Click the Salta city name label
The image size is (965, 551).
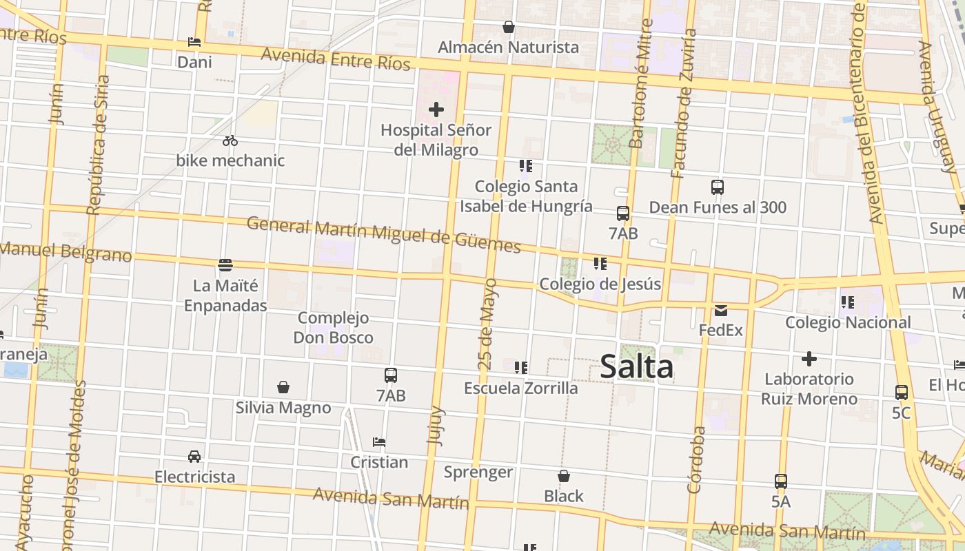[636, 366]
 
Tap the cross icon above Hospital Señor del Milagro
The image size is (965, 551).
[436, 110]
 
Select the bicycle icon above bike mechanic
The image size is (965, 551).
[230, 141]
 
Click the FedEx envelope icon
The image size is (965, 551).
[721, 310]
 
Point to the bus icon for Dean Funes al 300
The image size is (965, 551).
[718, 187]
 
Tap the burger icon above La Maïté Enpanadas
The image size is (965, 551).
[225, 264]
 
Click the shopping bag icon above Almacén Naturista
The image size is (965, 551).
[509, 27]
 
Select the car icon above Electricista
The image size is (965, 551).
[194, 456]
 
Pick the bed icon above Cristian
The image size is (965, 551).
[379, 441]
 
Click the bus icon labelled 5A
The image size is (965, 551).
[781, 481]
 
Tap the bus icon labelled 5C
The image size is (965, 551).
[902, 393]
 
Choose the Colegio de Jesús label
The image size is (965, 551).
[600, 284]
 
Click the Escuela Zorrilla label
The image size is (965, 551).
[521, 388]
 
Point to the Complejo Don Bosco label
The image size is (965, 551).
[334, 328]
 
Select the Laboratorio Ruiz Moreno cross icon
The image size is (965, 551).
[809, 359]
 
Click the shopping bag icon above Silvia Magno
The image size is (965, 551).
[283, 387]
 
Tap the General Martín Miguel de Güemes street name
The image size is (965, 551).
[383, 233]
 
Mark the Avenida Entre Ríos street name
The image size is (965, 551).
[336, 59]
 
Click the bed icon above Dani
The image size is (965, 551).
[194, 42]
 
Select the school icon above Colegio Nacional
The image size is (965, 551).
[848, 302]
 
